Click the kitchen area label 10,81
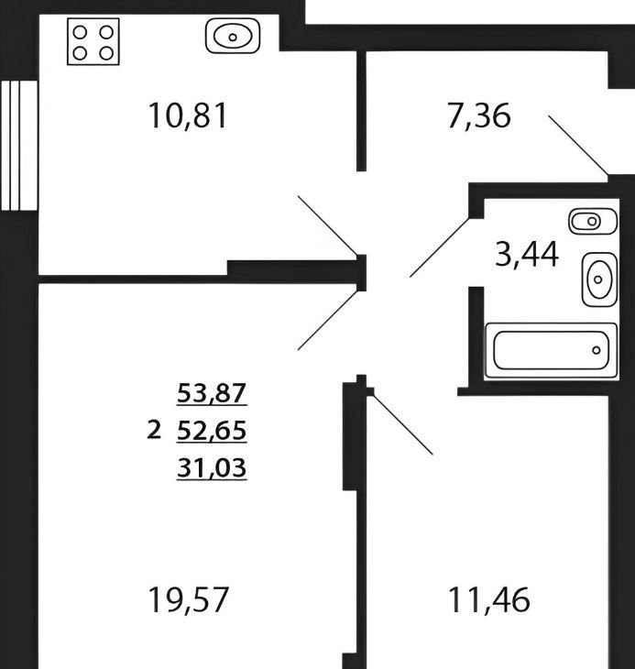[187, 116]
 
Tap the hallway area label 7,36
[478, 116]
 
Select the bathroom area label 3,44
[527, 254]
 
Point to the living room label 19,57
[188, 599]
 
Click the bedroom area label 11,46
[489, 599]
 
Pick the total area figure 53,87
[212, 393]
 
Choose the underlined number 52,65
[212, 431]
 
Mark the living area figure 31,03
[212, 467]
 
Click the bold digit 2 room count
[154, 430]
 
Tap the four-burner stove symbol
[93, 42]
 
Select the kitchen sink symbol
[233, 36]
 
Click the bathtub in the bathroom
[552, 351]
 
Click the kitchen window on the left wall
[19, 146]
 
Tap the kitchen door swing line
[327, 225]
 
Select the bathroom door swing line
[440, 247]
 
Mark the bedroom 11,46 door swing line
[403, 425]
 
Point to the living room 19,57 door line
[327, 320]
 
